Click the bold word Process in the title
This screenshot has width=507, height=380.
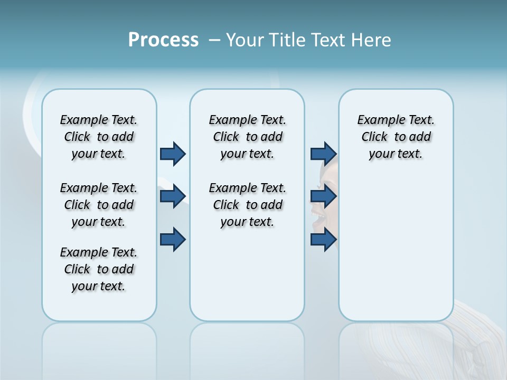(163, 40)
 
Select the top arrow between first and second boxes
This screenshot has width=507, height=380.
(173, 154)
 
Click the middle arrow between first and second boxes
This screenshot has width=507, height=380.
(173, 196)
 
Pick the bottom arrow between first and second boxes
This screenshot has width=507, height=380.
(173, 240)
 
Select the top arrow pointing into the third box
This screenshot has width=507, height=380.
(323, 154)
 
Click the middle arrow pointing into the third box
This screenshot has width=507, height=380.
(323, 196)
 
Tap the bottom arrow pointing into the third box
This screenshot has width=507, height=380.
(323, 240)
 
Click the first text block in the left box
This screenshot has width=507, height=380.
(99, 137)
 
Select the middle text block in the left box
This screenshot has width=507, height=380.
(99, 205)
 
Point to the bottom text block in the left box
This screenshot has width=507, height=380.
(99, 269)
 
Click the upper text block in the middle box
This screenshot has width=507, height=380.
(247, 137)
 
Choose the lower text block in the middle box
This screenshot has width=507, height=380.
(247, 205)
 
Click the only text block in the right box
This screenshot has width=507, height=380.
(396, 137)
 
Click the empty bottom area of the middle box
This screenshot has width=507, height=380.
(247, 280)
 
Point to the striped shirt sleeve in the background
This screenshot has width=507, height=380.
(475, 343)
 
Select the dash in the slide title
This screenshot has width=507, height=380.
(214, 40)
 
